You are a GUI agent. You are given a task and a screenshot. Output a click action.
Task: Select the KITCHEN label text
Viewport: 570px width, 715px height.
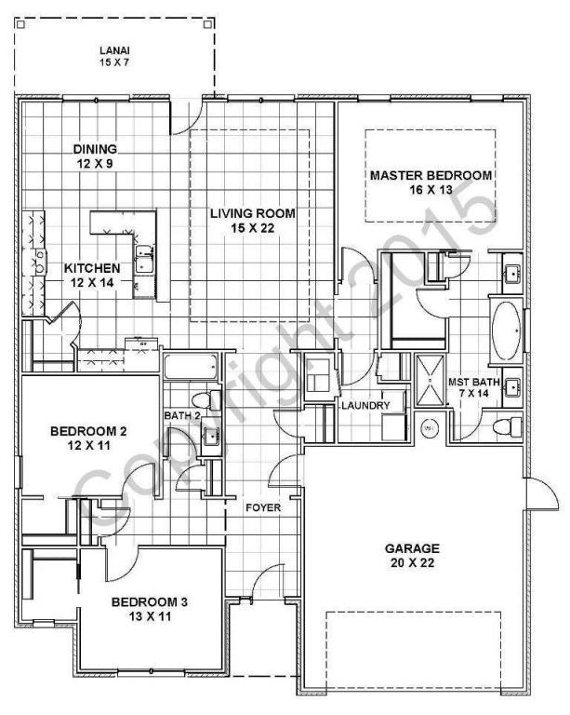(92, 269)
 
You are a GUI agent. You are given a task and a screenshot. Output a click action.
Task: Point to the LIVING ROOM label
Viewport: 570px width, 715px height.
(252, 214)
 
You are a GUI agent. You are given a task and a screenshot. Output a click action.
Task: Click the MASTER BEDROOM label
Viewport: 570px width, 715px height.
(431, 175)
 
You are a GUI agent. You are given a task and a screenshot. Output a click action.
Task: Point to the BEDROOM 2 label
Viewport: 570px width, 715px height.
(88, 431)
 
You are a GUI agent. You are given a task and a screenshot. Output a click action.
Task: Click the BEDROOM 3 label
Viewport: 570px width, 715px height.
(150, 602)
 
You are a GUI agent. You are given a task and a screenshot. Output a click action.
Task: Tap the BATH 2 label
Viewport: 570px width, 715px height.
(182, 415)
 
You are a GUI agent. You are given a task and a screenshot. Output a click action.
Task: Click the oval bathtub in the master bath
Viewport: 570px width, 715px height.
(507, 331)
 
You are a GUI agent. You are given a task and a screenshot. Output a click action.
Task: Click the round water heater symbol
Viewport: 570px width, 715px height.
(430, 429)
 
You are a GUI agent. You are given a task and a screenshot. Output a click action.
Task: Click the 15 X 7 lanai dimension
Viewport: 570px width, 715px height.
(117, 63)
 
